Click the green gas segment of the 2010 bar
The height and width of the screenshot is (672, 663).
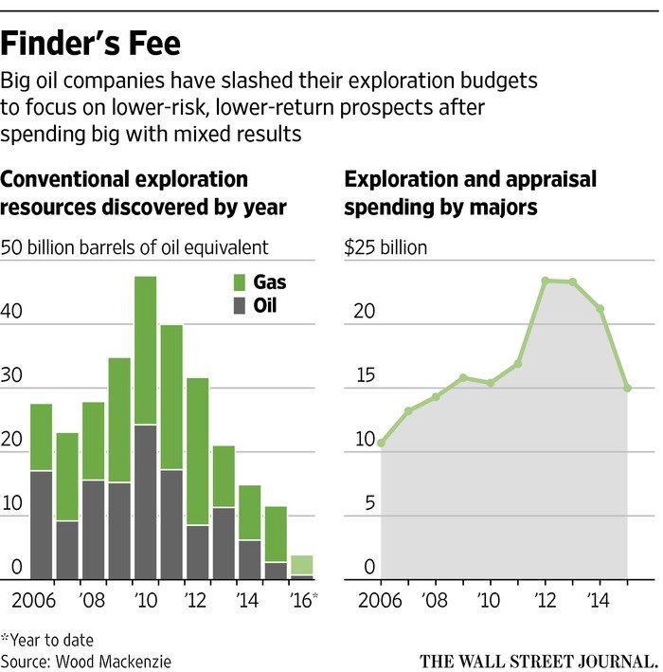click(145, 350)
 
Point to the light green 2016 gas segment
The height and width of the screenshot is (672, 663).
click(301, 565)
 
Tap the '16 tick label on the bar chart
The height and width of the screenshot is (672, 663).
click(302, 601)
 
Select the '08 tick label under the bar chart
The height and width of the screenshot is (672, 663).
click(93, 601)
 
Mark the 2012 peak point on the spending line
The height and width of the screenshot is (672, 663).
click(546, 280)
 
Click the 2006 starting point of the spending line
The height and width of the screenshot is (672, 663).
click(381, 443)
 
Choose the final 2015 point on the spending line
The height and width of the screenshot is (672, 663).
click(627, 388)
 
